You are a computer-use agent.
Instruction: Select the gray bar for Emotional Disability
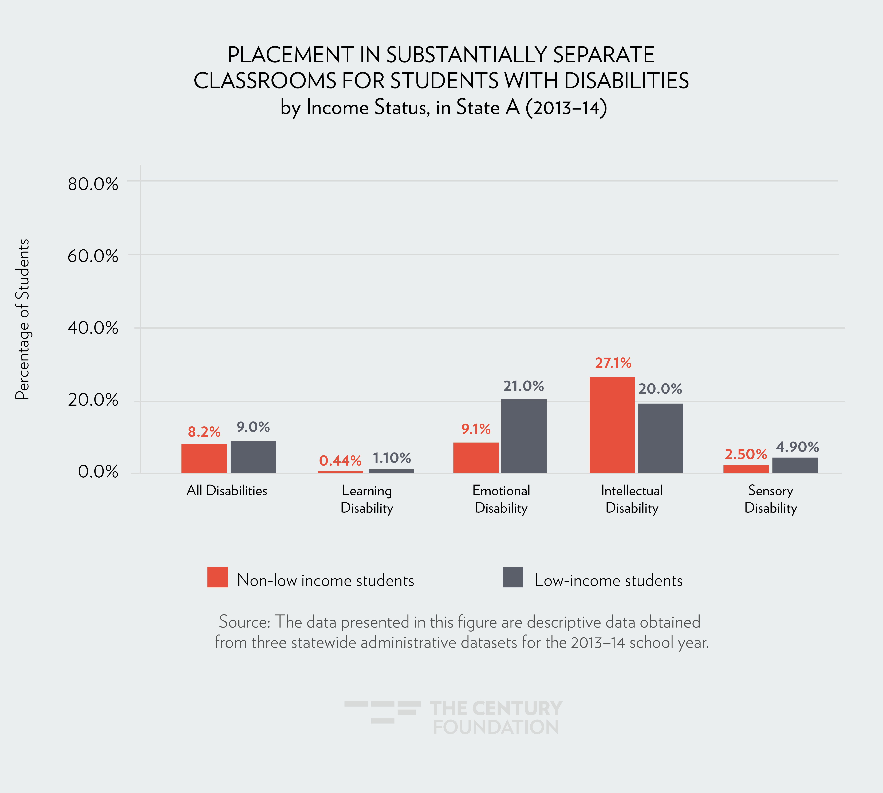(x=524, y=436)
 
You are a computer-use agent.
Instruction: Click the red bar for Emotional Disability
(x=476, y=458)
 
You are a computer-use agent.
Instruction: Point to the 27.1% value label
(x=613, y=363)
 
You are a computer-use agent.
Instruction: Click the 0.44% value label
(x=340, y=461)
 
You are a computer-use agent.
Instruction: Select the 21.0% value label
(x=524, y=386)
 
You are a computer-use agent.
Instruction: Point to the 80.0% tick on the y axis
(x=93, y=184)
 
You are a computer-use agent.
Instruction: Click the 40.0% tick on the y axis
(x=93, y=328)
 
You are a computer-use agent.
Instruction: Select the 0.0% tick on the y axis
(x=98, y=472)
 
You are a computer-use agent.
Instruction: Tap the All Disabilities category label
(x=227, y=491)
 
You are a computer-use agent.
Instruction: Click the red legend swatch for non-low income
(x=217, y=577)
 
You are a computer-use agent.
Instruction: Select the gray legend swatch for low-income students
(x=513, y=577)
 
